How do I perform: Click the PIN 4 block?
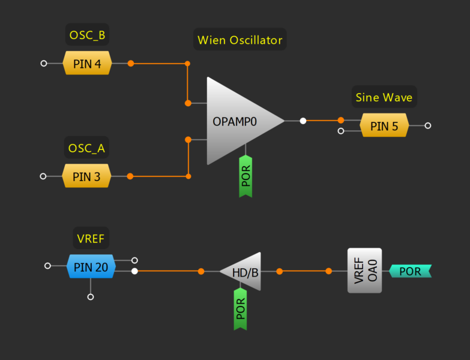click(x=87, y=63)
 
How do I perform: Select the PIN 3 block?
click(x=86, y=176)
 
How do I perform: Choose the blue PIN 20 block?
click(x=91, y=266)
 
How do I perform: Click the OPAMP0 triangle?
click(x=237, y=121)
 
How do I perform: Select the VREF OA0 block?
click(x=364, y=271)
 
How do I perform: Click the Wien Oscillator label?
click(x=240, y=41)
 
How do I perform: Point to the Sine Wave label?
click(x=384, y=97)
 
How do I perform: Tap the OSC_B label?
click(x=87, y=35)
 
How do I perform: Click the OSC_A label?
click(x=87, y=148)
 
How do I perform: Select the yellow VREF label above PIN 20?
click(x=91, y=239)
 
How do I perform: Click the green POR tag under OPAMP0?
click(x=246, y=176)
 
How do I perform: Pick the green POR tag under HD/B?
click(x=241, y=308)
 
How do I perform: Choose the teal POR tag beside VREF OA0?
click(x=411, y=271)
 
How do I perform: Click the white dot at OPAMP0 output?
click(x=303, y=121)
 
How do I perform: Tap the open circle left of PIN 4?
click(x=43, y=63)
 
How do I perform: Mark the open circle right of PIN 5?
click(x=427, y=126)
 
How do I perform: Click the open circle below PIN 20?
click(x=91, y=296)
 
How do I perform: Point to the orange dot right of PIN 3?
click(x=130, y=176)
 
